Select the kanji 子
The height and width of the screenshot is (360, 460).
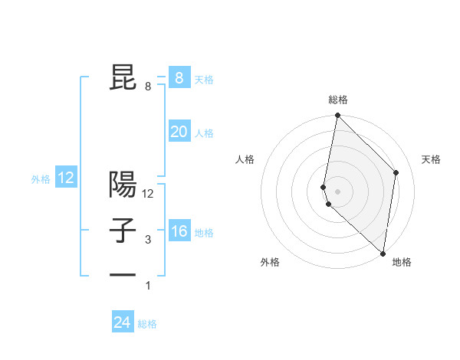pos(124,231)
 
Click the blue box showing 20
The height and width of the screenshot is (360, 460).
pos(179,132)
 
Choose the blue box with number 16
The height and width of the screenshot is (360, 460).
pos(179,231)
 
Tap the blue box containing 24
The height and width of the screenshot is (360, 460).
pos(123,322)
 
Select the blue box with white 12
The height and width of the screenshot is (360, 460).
pos(66,178)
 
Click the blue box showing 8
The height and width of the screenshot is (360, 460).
pos(179,77)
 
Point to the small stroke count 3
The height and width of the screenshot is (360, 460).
pos(148,241)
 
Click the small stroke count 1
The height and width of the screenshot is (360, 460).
pos(148,286)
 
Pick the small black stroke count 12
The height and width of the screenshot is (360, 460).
pos(148,194)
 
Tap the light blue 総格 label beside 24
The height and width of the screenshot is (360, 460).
pos(147,324)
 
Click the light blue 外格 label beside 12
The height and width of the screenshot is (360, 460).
pos(41,179)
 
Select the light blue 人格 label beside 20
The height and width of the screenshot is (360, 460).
pos(204,133)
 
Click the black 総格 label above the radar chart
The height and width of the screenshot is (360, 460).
pos(338,100)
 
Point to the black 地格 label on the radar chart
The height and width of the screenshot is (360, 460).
pos(402,263)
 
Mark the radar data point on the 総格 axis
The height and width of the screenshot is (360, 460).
pos(337,116)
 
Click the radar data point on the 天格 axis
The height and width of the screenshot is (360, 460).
pos(396,172)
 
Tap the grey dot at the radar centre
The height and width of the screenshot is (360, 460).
pos(337,191)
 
